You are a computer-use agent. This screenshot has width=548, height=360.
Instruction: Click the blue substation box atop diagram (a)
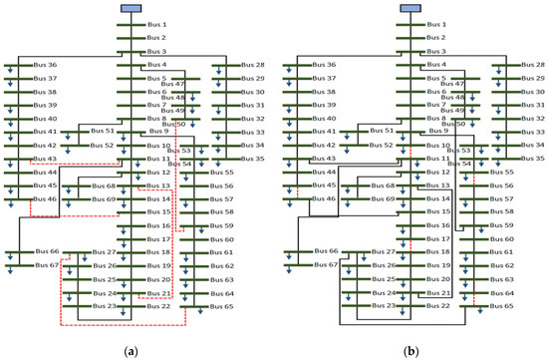tap(131, 8)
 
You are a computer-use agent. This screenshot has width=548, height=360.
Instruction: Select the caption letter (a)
tap(130, 352)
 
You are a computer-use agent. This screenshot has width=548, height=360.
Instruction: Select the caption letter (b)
tap(411, 352)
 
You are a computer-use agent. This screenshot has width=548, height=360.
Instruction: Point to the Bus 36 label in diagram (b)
tap(325, 64)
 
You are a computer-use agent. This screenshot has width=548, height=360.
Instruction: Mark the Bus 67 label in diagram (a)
tap(47, 265)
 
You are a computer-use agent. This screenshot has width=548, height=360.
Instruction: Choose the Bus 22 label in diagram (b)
tap(437, 306)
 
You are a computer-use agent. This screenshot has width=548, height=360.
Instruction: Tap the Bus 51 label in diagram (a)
tap(104, 131)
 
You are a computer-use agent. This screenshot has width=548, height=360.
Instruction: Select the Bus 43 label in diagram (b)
tap(325, 158)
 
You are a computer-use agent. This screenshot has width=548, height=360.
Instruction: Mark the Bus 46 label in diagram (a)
tap(46, 198)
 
